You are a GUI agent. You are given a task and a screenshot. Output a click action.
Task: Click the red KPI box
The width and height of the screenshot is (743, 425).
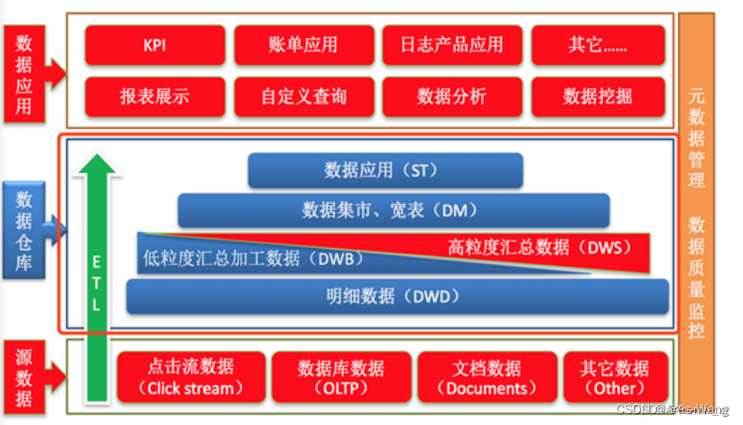(155, 45)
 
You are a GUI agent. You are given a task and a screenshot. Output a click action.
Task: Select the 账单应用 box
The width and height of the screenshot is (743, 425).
(304, 45)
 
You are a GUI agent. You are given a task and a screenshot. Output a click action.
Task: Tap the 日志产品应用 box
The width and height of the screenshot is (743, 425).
(452, 45)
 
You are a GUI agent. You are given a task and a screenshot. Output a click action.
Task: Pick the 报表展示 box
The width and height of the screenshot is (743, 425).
(155, 96)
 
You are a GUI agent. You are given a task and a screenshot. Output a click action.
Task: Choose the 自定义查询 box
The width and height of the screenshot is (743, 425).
(304, 96)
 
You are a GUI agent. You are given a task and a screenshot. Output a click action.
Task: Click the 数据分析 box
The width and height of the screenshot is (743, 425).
(452, 96)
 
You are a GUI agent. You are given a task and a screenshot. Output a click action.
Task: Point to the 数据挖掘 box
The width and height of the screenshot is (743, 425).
(598, 96)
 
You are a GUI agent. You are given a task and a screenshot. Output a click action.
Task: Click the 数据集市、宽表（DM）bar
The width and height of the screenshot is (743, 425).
(389, 210)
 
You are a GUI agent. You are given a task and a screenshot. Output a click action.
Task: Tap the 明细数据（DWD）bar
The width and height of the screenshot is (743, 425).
(397, 296)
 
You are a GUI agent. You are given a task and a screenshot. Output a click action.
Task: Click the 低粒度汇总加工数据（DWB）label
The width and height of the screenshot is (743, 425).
(253, 258)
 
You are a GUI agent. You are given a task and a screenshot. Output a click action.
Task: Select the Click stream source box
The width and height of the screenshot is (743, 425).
(190, 377)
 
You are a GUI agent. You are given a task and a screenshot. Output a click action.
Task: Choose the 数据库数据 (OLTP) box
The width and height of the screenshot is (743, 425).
(340, 377)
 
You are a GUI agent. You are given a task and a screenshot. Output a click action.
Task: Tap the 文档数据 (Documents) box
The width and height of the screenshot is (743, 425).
(487, 377)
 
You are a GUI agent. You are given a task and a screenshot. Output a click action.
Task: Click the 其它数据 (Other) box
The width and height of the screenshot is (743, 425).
(616, 377)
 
